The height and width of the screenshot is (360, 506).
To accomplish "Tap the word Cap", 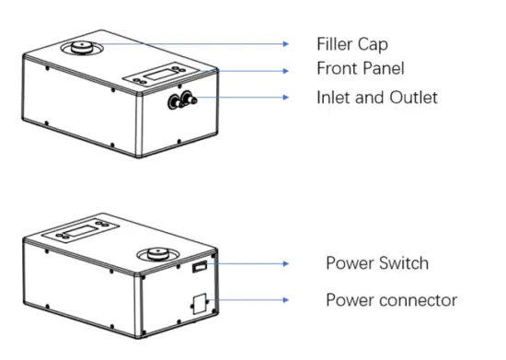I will coord(372,44).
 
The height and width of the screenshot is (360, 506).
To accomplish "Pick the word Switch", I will coord(401,263).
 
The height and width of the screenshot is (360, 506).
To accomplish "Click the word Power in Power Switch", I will coord(349,263).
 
